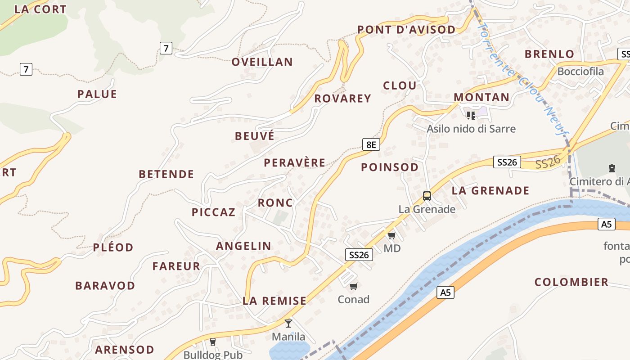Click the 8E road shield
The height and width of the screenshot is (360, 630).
point(371,144)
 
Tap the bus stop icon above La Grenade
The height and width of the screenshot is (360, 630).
point(427,196)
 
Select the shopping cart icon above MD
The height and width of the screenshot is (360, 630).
point(391,235)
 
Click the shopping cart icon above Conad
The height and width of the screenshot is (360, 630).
point(354,286)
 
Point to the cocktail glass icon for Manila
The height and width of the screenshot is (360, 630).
point(288,323)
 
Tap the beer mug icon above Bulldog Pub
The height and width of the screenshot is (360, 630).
point(213,342)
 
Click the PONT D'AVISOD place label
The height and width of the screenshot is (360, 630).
point(406,30)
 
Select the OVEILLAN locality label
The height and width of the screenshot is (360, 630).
point(262,62)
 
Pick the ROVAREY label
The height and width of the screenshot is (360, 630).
point(343,99)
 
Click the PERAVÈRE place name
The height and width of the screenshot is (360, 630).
point(295,162)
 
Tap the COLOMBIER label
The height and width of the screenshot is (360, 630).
point(571,282)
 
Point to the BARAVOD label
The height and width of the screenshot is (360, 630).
point(105,286)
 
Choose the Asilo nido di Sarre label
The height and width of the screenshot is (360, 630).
point(471,129)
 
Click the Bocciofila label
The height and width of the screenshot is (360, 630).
point(580,72)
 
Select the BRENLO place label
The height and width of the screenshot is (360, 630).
point(549,54)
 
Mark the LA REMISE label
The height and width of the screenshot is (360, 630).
point(274,301)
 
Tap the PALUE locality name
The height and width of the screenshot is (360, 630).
point(97,94)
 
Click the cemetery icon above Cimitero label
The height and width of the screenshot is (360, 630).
point(612,168)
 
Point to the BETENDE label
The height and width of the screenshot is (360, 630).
point(166,174)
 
